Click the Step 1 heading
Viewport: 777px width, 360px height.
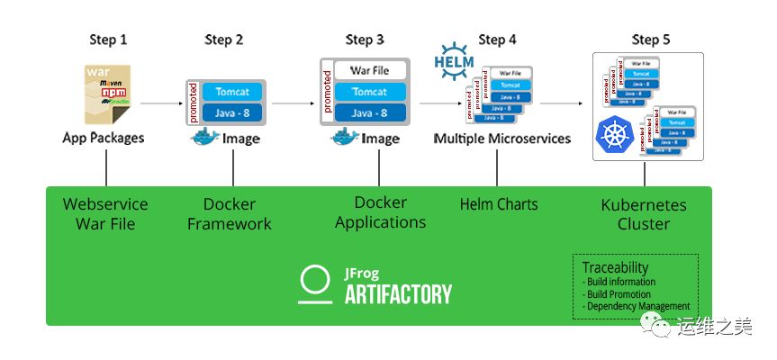coord(107,40)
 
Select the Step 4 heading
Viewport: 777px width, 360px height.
coord(498,40)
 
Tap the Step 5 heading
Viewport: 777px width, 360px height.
coord(650,40)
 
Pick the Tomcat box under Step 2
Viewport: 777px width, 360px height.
coord(232,91)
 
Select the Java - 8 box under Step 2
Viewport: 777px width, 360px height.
coord(232,112)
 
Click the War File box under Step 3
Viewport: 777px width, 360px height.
coord(369,70)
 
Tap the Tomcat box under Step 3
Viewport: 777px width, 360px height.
coord(369,92)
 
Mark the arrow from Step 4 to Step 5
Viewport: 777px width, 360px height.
coord(559,104)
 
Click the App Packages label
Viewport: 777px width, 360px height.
coord(104,139)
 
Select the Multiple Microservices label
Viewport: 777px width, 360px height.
coord(501,139)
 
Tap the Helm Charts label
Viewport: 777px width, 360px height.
coord(498,204)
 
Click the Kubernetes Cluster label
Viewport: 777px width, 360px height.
coord(644,214)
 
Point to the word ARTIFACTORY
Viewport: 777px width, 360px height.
coord(396,293)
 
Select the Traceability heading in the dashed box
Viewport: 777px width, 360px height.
coord(614,268)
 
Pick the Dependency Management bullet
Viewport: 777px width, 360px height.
coord(637,306)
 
